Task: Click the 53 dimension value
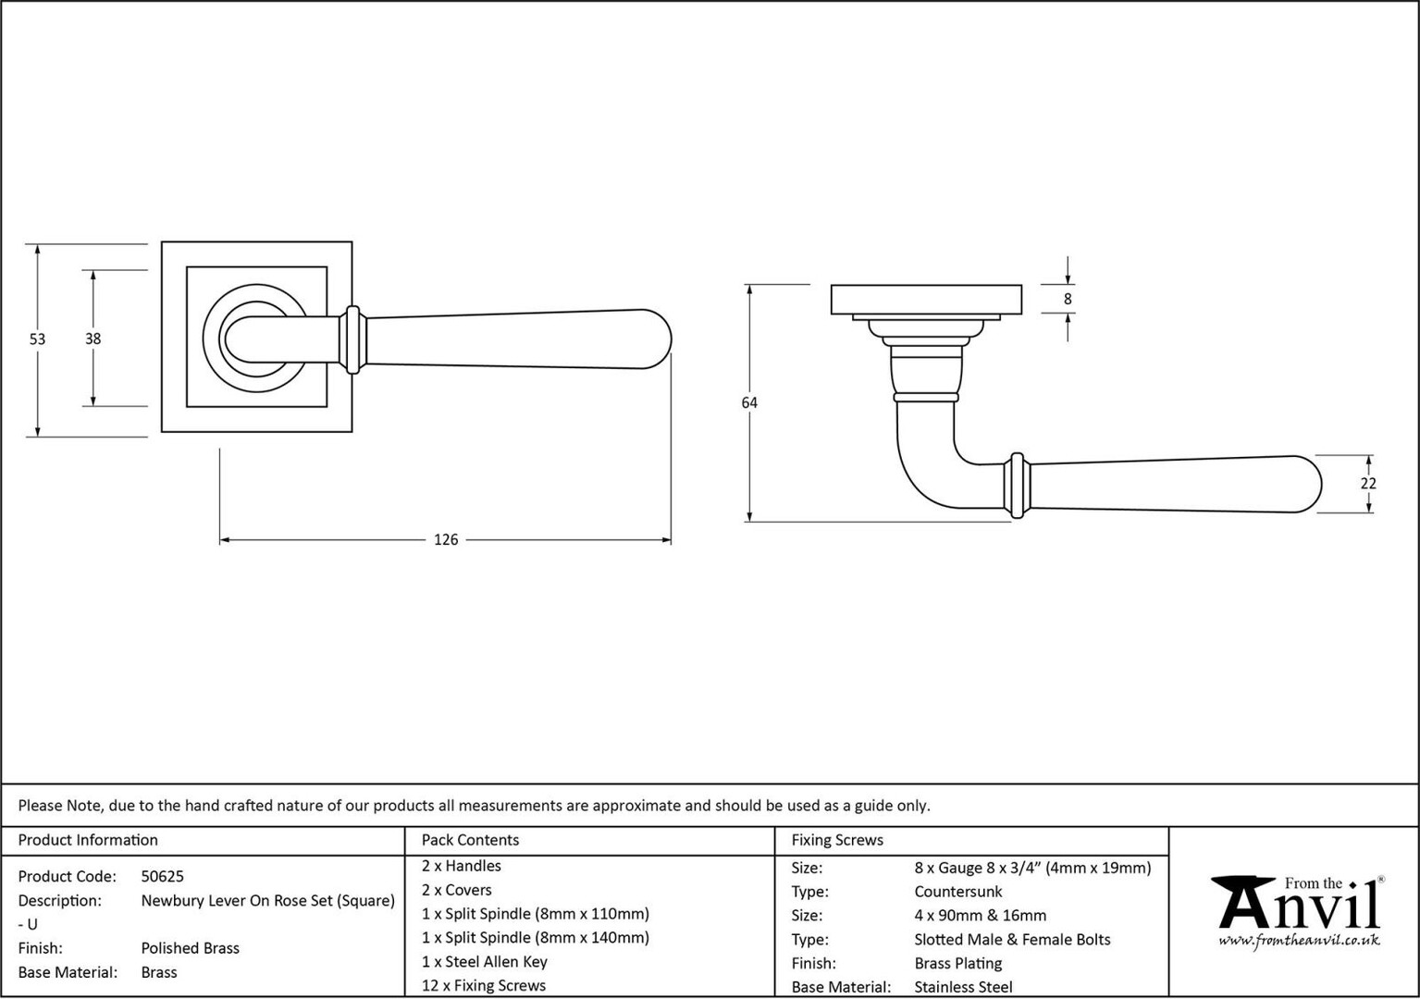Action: tap(37, 339)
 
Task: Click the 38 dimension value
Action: tap(93, 339)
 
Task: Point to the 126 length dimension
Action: tap(446, 539)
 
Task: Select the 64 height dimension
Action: tap(749, 402)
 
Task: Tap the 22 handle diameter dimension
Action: tap(1368, 483)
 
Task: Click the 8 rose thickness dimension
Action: tap(1068, 299)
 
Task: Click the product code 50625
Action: tap(162, 876)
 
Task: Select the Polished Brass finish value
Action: tap(191, 947)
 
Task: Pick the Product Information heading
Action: tap(88, 840)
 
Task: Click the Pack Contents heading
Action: tap(470, 840)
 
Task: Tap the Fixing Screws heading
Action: tap(837, 840)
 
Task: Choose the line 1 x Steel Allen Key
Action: tap(485, 962)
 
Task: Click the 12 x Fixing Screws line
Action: tap(484, 986)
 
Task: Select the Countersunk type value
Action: tap(958, 892)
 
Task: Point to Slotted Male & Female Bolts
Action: tap(1012, 940)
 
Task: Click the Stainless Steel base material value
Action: tap(964, 987)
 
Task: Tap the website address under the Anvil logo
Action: tap(1299, 941)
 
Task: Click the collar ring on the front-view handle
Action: tap(353, 340)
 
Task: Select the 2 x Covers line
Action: tap(456, 890)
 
